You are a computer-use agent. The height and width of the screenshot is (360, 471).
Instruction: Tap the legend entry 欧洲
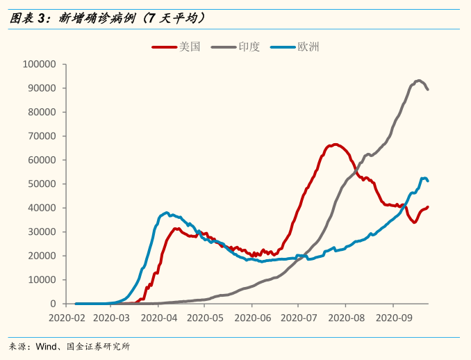click(308, 47)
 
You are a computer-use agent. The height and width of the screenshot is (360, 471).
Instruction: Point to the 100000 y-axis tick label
click(39, 64)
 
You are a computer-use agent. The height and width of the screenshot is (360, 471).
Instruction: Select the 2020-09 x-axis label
click(392, 317)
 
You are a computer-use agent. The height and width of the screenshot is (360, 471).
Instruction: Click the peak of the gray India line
click(418, 80)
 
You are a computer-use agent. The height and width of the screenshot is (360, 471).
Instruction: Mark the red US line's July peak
click(335, 145)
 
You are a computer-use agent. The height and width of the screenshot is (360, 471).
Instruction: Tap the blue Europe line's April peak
click(166, 213)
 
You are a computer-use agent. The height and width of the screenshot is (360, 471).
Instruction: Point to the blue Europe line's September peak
click(424, 178)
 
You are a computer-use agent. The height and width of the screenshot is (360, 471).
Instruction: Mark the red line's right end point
click(428, 206)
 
